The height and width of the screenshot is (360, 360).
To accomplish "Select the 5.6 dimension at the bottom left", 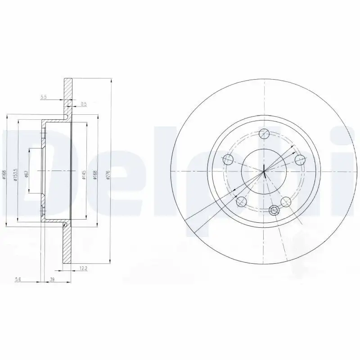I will tap(18, 279).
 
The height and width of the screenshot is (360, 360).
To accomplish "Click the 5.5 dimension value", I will tap(44, 97).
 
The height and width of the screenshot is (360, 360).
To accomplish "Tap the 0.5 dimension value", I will tap(83, 104).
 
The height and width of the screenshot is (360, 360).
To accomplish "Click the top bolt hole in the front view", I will tap(265, 134).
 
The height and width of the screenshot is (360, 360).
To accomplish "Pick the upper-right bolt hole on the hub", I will tap(299, 159).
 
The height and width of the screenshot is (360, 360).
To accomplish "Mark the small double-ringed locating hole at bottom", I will tap(273, 209).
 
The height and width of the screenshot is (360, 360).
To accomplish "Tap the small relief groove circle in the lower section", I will tap(65, 225).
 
